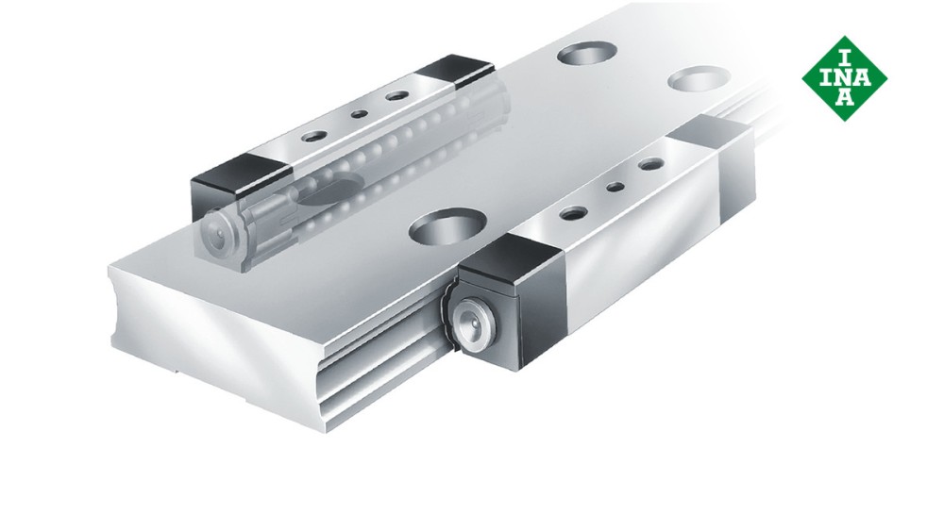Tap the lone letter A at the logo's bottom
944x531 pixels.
point(845,96)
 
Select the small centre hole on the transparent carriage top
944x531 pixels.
point(359,115)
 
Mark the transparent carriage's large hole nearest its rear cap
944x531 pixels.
point(396,97)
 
